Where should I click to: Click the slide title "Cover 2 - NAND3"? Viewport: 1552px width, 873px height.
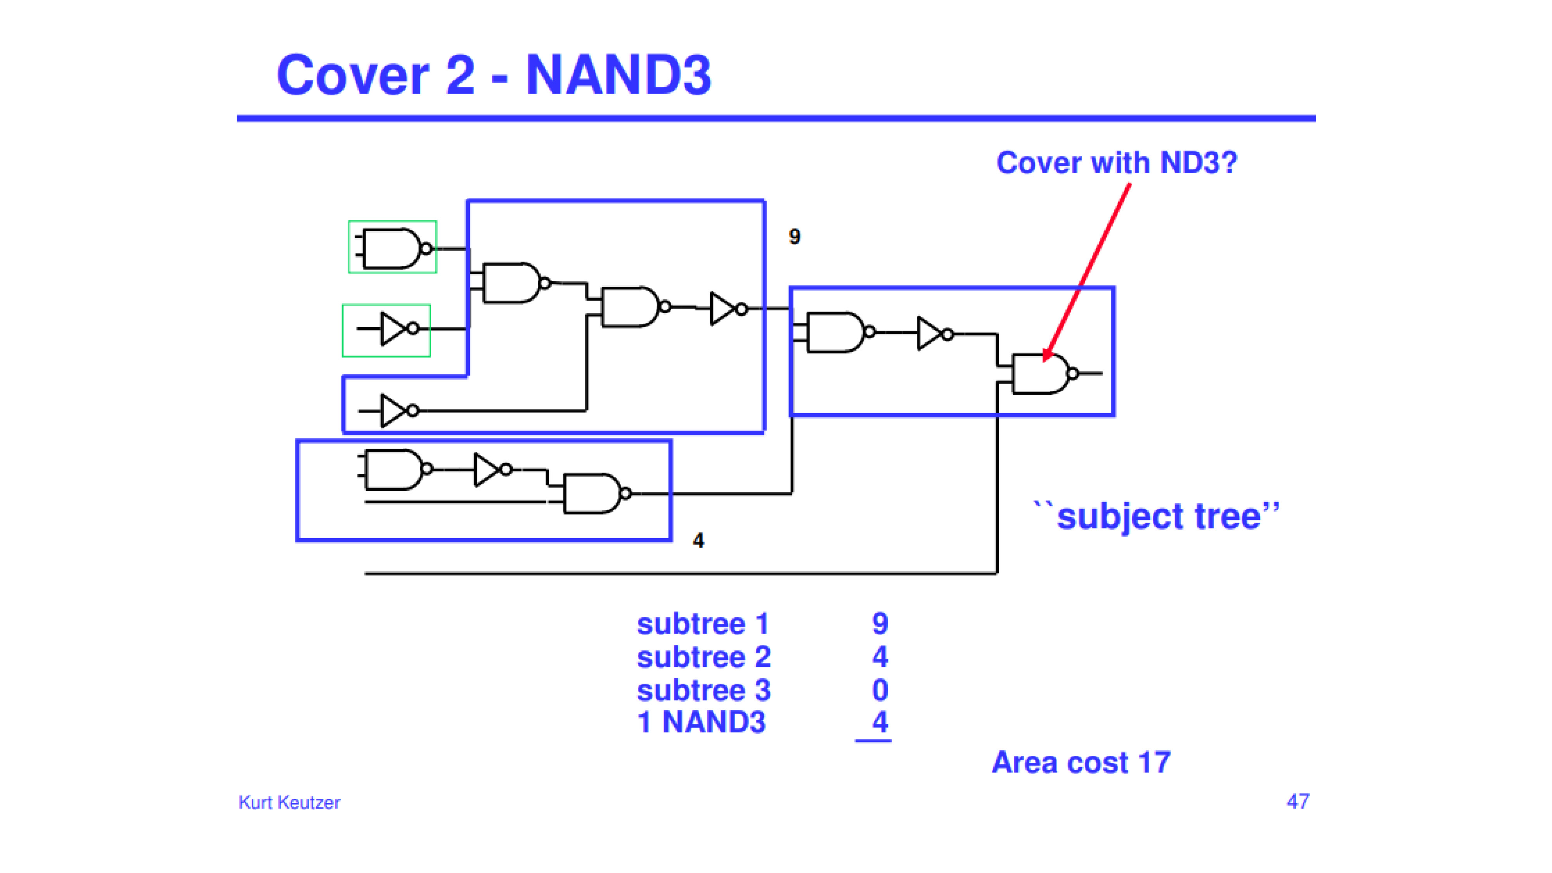pos(494,75)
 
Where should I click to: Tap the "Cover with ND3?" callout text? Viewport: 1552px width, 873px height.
pos(1116,163)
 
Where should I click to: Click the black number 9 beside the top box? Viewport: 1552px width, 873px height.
pos(795,237)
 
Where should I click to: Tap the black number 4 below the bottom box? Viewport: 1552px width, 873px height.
pos(698,540)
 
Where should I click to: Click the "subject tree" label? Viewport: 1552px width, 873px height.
pos(1157,516)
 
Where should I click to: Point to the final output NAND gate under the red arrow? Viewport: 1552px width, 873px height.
pos(1045,374)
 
